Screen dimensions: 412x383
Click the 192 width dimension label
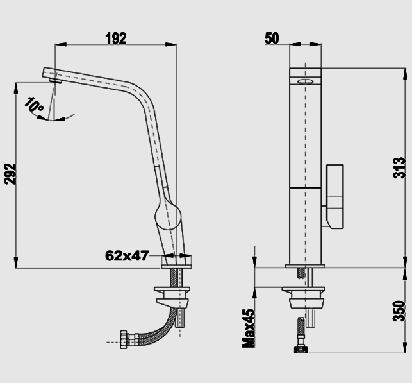(x=116, y=38)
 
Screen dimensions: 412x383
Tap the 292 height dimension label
(x=10, y=174)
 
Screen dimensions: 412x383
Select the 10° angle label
(x=34, y=104)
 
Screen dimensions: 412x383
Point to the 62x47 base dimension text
(x=127, y=255)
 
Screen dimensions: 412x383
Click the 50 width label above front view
(x=272, y=38)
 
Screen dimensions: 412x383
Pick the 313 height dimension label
(x=399, y=168)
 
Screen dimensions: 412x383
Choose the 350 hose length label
(x=399, y=311)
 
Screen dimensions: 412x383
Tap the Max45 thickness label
(x=249, y=328)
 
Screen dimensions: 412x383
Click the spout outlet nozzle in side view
(x=56, y=81)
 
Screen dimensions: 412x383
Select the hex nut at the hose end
(x=124, y=339)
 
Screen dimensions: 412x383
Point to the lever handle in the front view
(x=334, y=196)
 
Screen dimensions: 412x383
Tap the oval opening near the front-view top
(x=306, y=81)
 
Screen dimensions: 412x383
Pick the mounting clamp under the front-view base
(x=304, y=298)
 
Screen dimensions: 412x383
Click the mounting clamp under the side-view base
(x=172, y=297)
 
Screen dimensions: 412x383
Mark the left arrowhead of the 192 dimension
(x=61, y=44)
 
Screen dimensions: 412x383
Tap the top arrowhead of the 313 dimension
(x=405, y=74)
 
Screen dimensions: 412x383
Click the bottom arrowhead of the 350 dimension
(x=405, y=347)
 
